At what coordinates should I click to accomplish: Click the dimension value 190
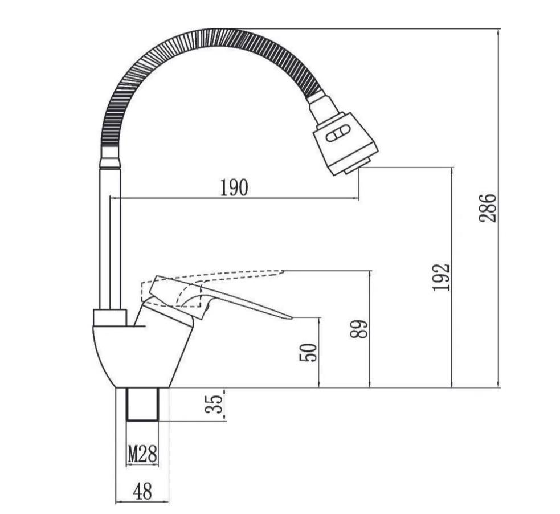pyautogui.click(x=234, y=187)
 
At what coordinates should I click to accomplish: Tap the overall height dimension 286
pyautogui.click(x=488, y=208)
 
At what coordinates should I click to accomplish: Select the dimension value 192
pyautogui.click(x=441, y=278)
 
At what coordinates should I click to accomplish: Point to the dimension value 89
pyautogui.click(x=359, y=329)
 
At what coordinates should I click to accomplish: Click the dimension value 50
pyautogui.click(x=308, y=353)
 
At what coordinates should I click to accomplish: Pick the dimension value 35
pyautogui.click(x=214, y=404)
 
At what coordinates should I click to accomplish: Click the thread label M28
pyautogui.click(x=142, y=454)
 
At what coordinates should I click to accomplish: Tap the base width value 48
pyautogui.click(x=142, y=491)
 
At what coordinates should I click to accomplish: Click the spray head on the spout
pyautogui.click(x=345, y=143)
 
